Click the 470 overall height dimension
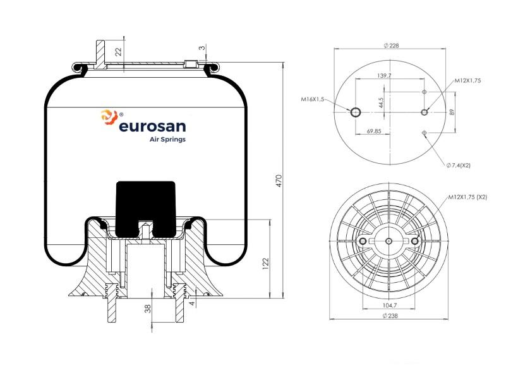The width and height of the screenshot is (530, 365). tap(279, 181)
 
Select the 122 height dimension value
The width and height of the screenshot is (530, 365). tap(265, 264)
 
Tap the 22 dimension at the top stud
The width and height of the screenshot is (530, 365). tap(118, 52)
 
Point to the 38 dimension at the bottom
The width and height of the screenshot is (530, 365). tap(148, 309)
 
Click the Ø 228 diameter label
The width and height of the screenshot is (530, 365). tap(391, 46)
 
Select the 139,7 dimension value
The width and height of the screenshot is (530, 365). tap(384, 75)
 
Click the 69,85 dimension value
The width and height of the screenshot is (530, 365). tap(374, 131)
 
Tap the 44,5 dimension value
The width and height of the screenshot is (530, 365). tap(381, 103)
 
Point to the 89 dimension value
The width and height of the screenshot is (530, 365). tap(452, 112)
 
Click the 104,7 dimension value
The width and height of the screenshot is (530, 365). tap(390, 305)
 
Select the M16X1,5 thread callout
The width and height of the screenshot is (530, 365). tap(313, 99)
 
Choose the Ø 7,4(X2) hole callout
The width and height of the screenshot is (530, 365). tap(459, 165)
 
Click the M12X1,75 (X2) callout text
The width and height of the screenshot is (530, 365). tap(468, 197)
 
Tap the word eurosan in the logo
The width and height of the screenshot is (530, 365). tap(152, 127)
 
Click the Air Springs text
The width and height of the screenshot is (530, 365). tap(167, 139)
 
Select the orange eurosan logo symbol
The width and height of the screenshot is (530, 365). tap(109, 116)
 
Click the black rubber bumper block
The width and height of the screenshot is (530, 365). tap(146, 208)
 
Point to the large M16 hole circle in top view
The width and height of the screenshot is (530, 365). tap(355, 112)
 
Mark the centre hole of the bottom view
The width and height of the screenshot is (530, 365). tap(389, 241)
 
